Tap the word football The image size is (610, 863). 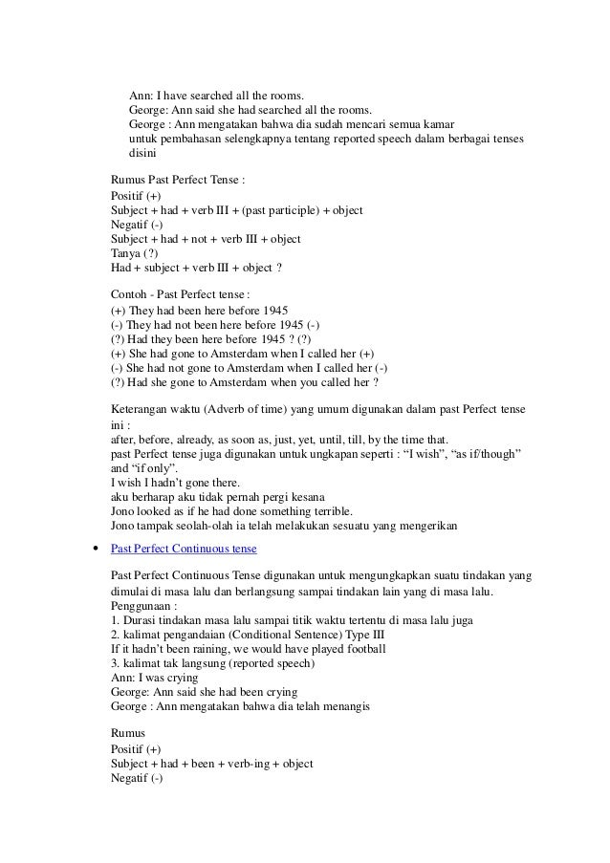(x=361, y=649)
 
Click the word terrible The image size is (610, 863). (x=330, y=509)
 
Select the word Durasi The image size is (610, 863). (x=140, y=620)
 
